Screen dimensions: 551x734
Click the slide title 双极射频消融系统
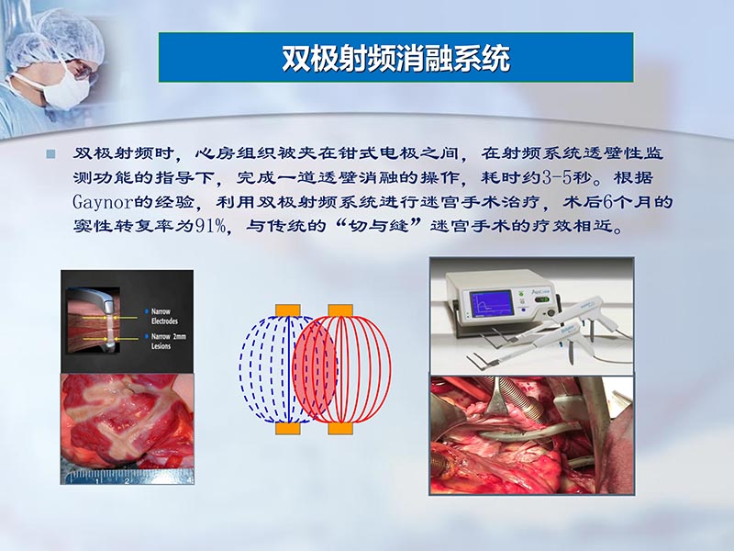(x=395, y=59)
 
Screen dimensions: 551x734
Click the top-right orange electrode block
(x=340, y=309)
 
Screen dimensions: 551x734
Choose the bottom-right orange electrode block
(x=340, y=428)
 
